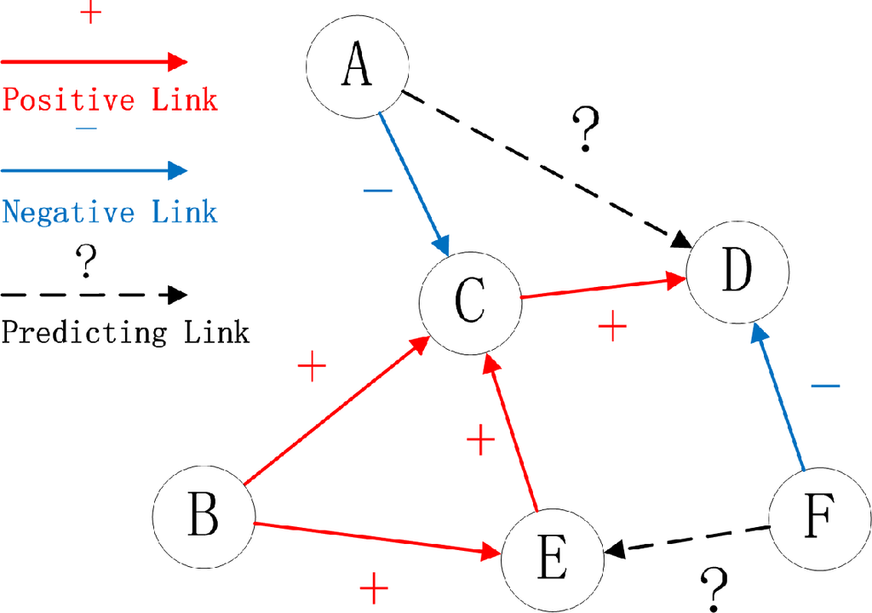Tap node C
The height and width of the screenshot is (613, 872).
tap(470, 298)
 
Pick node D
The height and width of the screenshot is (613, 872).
tap(737, 271)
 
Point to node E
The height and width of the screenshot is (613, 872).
tap(552, 559)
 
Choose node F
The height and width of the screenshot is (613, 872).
tap(819, 516)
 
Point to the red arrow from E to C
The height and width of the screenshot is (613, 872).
tap(511, 434)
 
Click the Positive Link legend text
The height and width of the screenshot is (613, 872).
tap(110, 100)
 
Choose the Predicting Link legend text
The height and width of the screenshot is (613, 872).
tap(125, 331)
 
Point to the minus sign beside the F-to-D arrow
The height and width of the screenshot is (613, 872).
tap(824, 387)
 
